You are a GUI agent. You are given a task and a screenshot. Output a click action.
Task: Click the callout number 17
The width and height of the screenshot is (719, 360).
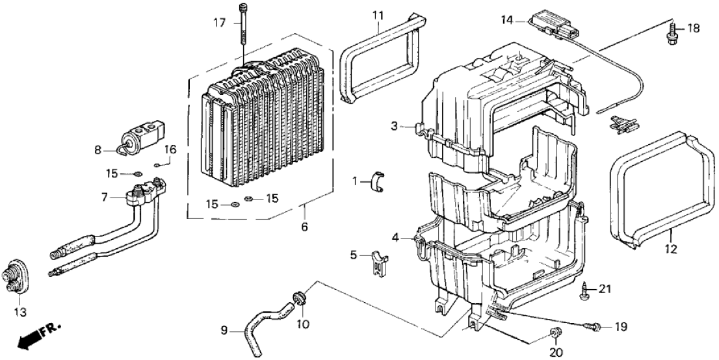coord(220,23)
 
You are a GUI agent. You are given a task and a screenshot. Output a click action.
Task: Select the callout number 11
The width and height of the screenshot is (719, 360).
coord(379,15)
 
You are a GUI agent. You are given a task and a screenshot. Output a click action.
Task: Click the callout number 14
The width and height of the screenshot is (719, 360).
coord(506,21)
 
